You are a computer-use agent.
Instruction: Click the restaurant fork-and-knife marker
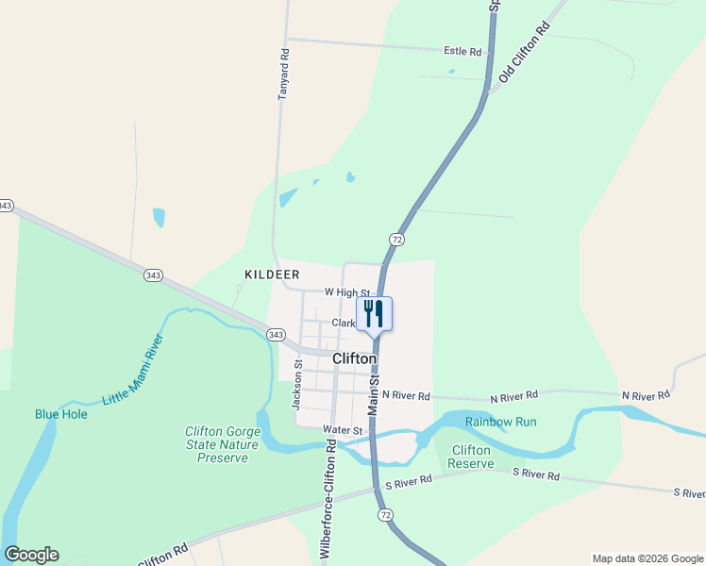(x=374, y=313)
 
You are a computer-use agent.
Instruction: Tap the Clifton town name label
(x=355, y=359)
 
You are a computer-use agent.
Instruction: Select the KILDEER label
(x=272, y=275)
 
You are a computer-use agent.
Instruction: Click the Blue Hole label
(x=61, y=414)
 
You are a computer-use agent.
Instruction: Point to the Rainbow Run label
(x=500, y=422)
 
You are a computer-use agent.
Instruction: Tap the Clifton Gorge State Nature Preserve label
(x=223, y=444)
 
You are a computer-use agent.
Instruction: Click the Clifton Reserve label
(x=470, y=457)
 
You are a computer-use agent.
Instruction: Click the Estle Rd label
(x=462, y=51)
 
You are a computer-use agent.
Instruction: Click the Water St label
(x=343, y=430)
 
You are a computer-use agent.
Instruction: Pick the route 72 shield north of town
(x=396, y=240)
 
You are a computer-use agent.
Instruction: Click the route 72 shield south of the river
(x=384, y=515)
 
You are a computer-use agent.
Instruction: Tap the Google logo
(x=31, y=555)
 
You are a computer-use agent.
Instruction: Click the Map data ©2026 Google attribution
(x=647, y=558)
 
